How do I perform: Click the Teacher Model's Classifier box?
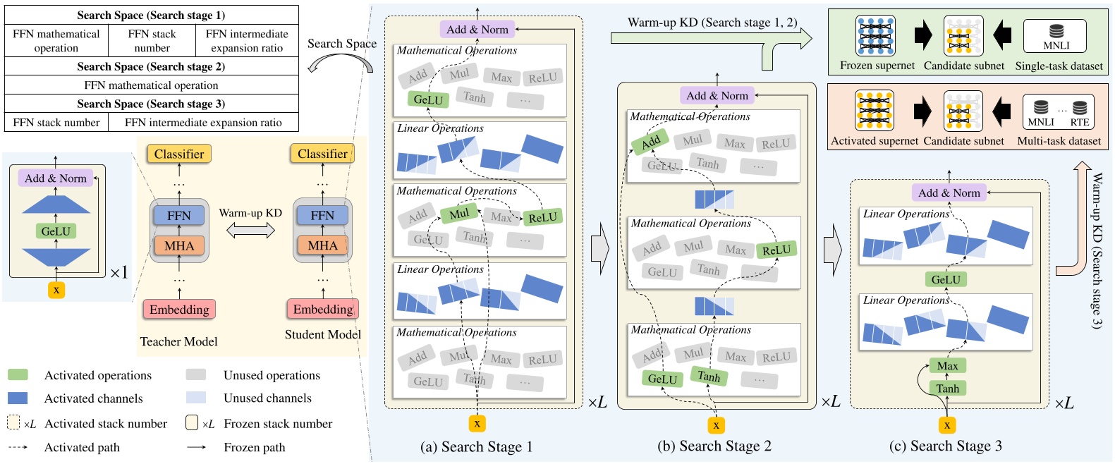[x=179, y=154]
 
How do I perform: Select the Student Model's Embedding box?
[x=323, y=309]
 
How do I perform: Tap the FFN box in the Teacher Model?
[x=179, y=215]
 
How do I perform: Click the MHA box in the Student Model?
[x=322, y=245]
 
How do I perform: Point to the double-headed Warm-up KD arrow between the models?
[x=250, y=230]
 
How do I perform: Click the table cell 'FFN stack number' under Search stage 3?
[x=56, y=122]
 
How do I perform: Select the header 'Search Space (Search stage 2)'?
[x=151, y=66]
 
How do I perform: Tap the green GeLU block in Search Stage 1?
[x=428, y=99]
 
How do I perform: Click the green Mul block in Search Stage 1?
[x=458, y=214]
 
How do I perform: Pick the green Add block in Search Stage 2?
[x=650, y=142]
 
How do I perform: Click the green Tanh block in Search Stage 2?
[x=709, y=377]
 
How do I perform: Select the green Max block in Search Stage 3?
[x=947, y=365]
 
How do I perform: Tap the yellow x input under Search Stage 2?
[x=716, y=425]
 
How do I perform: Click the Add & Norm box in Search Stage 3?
[x=949, y=193]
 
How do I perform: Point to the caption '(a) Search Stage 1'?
[x=476, y=446]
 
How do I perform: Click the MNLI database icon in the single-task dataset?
[x=1056, y=31]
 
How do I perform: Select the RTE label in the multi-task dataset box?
[x=1079, y=122]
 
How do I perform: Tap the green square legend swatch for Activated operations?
[x=18, y=375]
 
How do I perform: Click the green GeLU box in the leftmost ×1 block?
[x=56, y=231]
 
